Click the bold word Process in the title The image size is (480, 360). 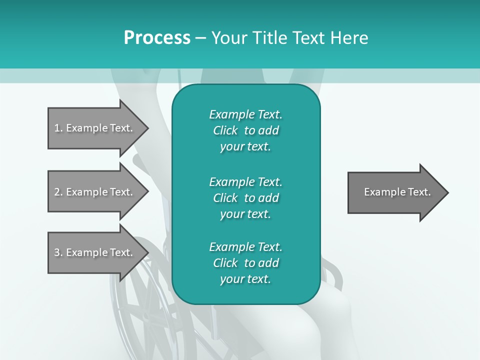coord(157,38)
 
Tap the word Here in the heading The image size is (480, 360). coord(349,38)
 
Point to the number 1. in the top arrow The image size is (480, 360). coord(58,128)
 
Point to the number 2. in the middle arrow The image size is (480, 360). coord(58,192)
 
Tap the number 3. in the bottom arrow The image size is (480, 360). coord(58,252)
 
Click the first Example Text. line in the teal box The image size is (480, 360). coord(245,114)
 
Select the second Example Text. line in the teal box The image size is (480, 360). coord(245,181)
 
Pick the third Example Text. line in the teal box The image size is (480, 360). coord(245,247)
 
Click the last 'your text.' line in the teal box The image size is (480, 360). coord(245,279)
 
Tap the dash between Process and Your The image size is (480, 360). coord(200,38)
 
